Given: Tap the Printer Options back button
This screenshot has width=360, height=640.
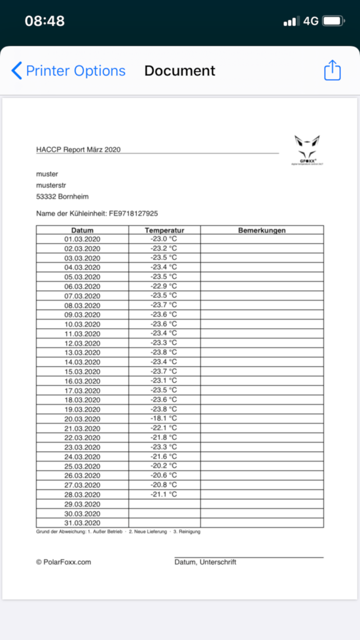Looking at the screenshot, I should [68, 71].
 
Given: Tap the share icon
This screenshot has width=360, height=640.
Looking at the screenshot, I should [332, 70].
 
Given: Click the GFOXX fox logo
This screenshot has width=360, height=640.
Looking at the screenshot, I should [307, 149].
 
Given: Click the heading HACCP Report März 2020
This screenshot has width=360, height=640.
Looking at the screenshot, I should [78, 149].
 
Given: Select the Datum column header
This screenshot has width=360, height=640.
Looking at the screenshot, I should [82, 230].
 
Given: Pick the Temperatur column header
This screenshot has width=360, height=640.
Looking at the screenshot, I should [164, 230].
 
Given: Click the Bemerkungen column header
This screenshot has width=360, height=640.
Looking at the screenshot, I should [262, 230].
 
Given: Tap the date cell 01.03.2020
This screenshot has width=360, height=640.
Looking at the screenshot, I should [82, 239].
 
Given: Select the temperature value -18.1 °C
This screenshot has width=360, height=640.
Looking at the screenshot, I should [164, 419].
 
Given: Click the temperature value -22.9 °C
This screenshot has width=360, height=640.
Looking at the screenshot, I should [164, 286].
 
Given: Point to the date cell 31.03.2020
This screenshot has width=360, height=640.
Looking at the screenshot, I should [82, 523].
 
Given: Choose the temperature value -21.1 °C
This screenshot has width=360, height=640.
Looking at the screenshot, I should [164, 494].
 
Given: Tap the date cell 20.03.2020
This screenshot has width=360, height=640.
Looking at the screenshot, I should [82, 419].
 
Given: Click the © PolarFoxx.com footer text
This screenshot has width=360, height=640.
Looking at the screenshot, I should [63, 562].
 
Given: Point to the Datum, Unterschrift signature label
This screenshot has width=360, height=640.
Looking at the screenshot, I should [205, 562].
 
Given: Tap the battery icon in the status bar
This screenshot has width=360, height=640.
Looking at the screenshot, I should [333, 21].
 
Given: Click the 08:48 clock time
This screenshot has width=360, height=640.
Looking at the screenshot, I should [45, 21].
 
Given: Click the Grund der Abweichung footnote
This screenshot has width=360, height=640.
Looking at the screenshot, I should [118, 531].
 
